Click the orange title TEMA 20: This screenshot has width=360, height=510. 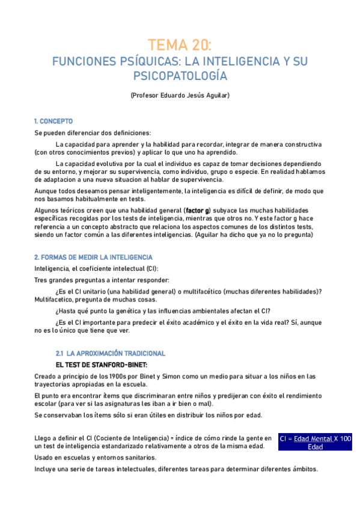click(180, 45)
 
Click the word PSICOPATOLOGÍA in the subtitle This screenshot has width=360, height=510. click(180, 76)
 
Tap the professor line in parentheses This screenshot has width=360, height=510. click(180, 96)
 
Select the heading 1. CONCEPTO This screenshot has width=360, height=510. click(53, 121)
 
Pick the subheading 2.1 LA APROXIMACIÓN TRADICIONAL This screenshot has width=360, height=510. click(110, 353)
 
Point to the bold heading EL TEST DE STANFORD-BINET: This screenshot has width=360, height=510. click(102, 365)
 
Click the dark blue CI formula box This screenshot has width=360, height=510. click(316, 443)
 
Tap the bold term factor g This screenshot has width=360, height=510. click(198, 210)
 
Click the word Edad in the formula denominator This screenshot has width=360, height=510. click(316, 447)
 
